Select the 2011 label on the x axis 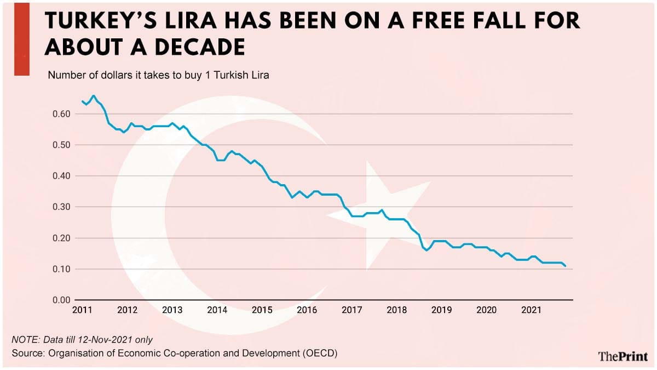(x=82, y=310)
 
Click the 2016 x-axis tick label (x=307, y=310)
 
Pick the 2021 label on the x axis (x=531, y=310)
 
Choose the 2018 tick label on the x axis (x=396, y=310)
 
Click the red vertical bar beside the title (x=21, y=38)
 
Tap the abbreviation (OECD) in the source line (x=320, y=353)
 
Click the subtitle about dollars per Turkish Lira (x=158, y=75)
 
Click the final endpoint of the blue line (x=566, y=266)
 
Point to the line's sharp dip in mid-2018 (x=427, y=251)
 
